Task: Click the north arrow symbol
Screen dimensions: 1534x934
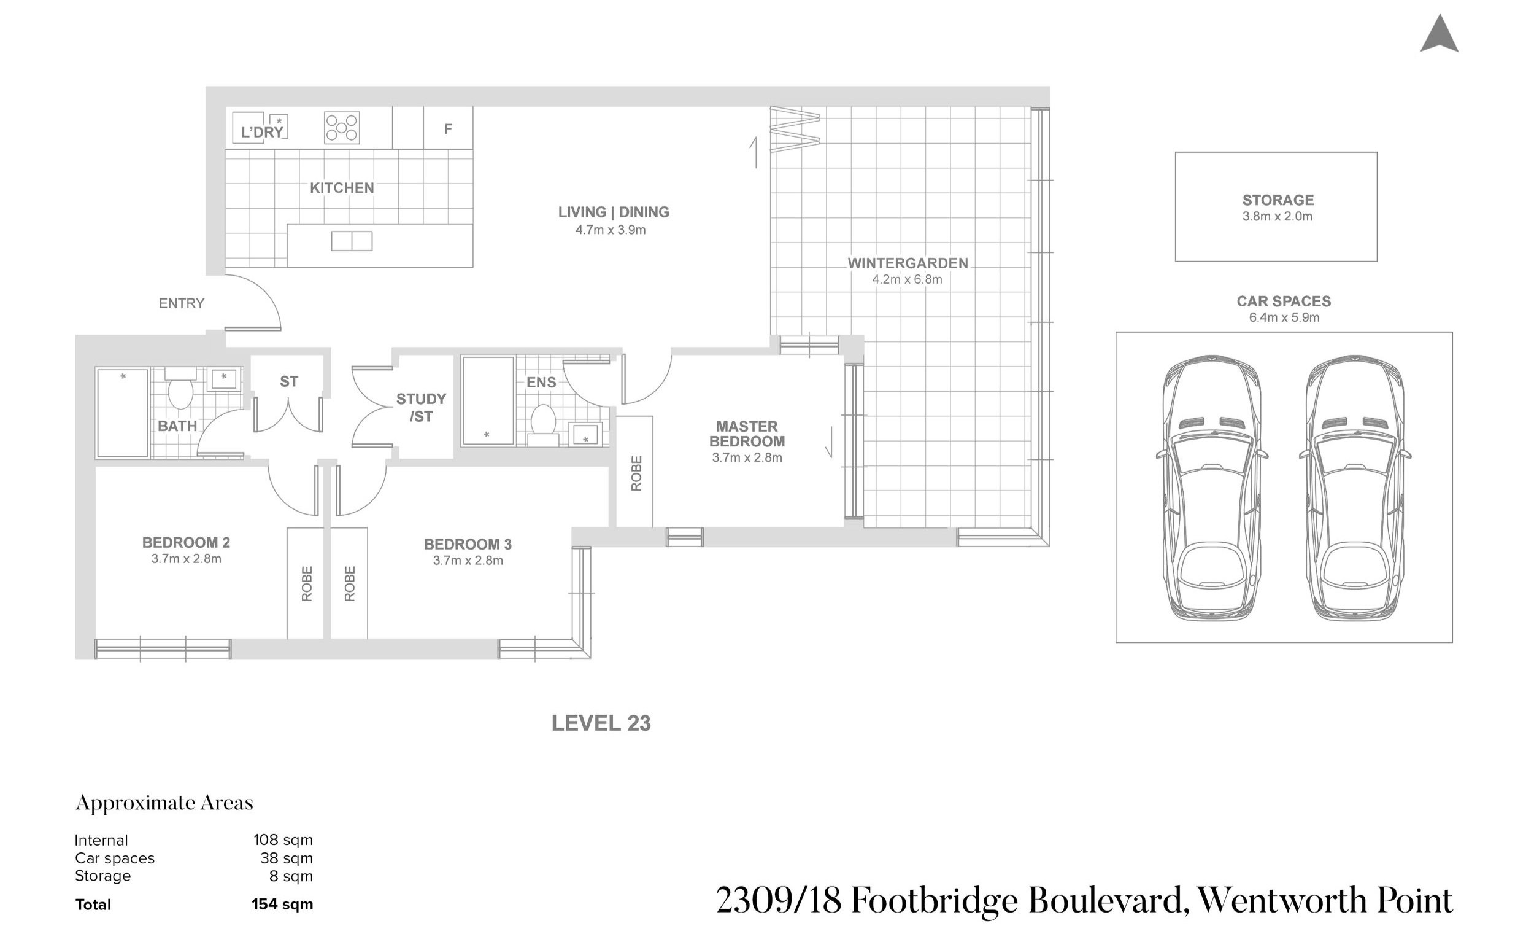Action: click(x=1439, y=35)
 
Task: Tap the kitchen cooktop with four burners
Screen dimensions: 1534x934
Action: click(x=342, y=128)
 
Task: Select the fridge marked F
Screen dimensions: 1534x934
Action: click(x=449, y=128)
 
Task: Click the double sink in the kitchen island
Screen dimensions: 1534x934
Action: click(x=352, y=241)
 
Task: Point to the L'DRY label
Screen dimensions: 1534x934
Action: click(x=262, y=132)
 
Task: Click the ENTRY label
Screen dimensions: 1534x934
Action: click(x=181, y=303)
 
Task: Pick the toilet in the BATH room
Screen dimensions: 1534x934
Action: click(x=180, y=389)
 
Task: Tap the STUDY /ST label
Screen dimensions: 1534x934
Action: click(x=421, y=408)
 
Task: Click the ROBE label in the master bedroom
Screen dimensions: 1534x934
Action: click(x=636, y=473)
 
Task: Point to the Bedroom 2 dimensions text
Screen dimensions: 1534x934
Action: click(x=186, y=559)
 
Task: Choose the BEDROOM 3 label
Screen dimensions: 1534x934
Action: click(x=468, y=544)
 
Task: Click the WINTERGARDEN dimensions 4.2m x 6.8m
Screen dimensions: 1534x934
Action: click(x=907, y=280)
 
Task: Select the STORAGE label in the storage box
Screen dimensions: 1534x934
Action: click(x=1278, y=200)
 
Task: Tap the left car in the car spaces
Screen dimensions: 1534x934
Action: click(x=1211, y=488)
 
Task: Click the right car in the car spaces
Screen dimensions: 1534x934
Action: click(x=1355, y=488)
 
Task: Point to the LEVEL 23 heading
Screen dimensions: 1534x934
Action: click(x=601, y=723)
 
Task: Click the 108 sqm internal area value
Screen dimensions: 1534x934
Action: click(x=283, y=840)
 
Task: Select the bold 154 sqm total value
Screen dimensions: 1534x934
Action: click(x=282, y=904)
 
